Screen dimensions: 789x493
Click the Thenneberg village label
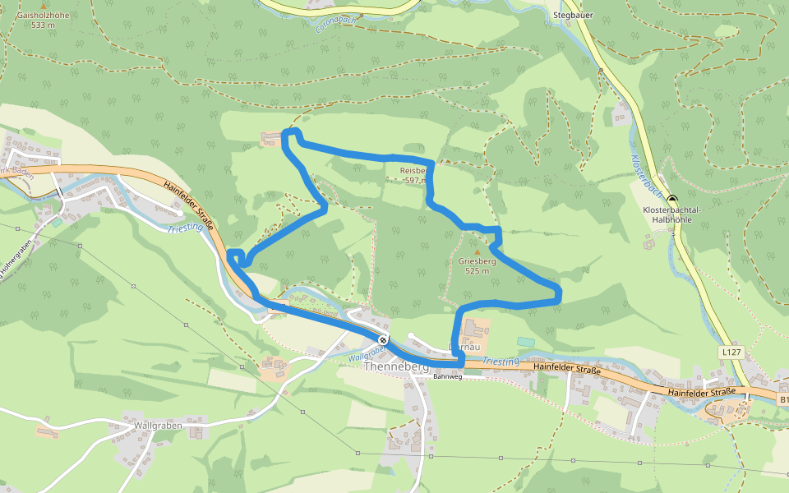coord(396,367)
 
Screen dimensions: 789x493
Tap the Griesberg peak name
coord(477,261)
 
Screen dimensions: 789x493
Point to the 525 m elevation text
coord(477,271)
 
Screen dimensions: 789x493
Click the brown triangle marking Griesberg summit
coord(477,251)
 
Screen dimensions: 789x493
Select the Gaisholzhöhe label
coord(43,16)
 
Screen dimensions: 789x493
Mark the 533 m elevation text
coord(43,25)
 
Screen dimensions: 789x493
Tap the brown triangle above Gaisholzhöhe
coord(44,6)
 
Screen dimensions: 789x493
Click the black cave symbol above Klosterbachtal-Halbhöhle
coord(672,200)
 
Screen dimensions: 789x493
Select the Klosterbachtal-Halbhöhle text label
coord(671,215)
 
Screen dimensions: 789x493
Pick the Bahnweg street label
coord(448,377)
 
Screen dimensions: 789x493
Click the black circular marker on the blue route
coord(383,339)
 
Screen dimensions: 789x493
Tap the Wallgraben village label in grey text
coord(157,427)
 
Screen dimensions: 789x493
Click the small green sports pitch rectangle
coord(525,342)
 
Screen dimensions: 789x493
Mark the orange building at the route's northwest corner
coord(270,139)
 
